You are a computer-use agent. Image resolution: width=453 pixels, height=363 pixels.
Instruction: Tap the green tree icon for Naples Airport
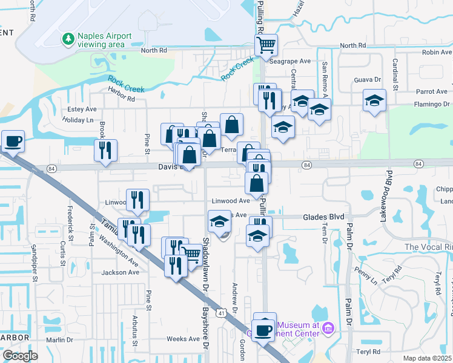click(68, 39)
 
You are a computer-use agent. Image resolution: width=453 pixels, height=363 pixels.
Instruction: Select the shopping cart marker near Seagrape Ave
click(266, 45)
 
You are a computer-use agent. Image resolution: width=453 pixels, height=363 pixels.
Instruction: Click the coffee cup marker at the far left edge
click(13, 142)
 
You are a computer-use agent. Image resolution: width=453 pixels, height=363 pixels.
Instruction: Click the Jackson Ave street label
click(121, 272)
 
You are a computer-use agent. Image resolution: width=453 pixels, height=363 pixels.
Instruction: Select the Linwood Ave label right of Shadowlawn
click(231, 201)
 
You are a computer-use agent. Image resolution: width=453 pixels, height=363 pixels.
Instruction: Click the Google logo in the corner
click(20, 356)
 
